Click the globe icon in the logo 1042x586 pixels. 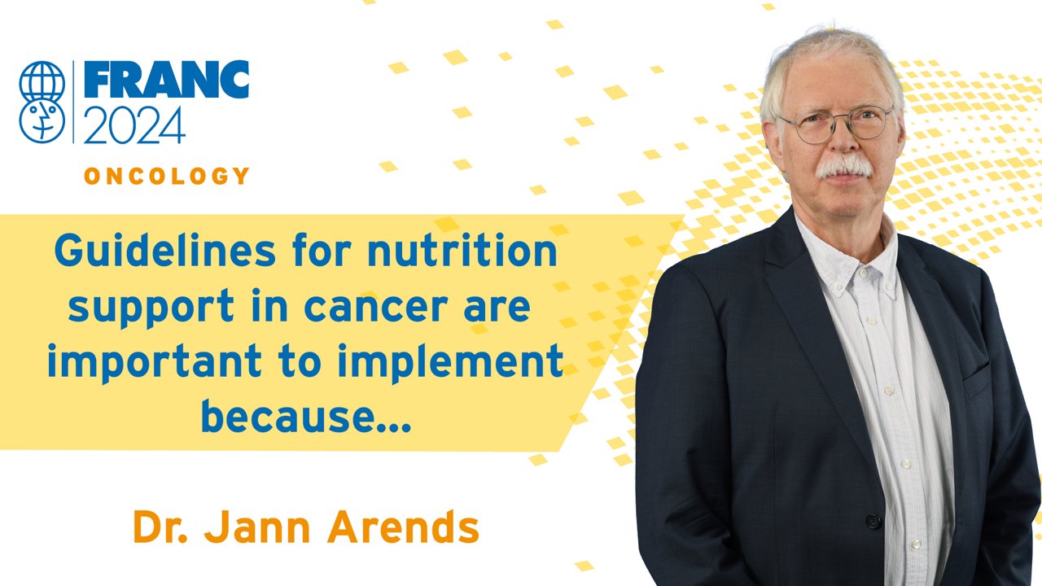click(42, 82)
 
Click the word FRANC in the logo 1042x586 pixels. click(167, 79)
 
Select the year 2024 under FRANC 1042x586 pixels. click(135, 125)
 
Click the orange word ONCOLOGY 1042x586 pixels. click(167, 176)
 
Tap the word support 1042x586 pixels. click(151, 307)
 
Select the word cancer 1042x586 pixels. click(375, 307)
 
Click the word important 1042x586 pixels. click(155, 362)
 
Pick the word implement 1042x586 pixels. click(450, 362)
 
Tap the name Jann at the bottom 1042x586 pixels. click(257, 527)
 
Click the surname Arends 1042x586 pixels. click(403, 527)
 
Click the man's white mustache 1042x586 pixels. click(845, 167)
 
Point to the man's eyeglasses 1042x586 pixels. click(836, 125)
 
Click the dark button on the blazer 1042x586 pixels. click(873, 520)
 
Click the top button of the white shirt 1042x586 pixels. click(864, 273)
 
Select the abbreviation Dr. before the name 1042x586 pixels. click(160, 527)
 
